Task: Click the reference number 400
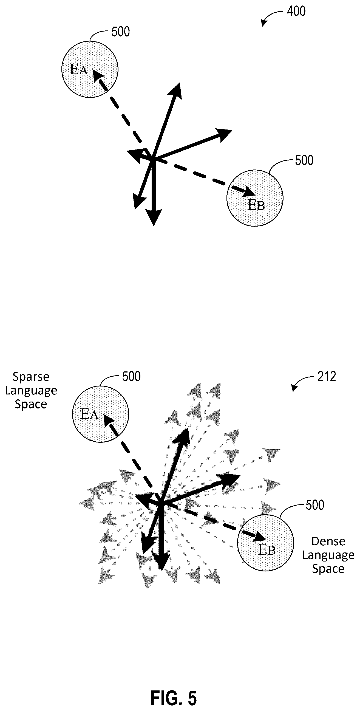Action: coord(296,11)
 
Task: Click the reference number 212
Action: coord(327,377)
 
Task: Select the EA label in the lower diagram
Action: coord(89,414)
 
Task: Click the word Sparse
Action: coord(31,377)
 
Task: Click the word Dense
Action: coord(328,541)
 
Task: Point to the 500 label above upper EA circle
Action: coord(121,32)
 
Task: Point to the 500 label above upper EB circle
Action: coord(304,160)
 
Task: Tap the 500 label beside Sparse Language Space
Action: coord(131,377)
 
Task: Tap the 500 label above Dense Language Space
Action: coord(315,505)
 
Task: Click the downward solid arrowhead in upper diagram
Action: coord(154,217)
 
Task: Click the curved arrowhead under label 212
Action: coord(294,388)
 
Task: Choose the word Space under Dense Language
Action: coord(328,569)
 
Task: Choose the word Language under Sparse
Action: coord(31,391)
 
